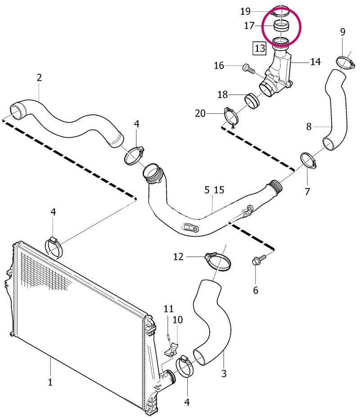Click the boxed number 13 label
click(260, 48)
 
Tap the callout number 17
click(249, 26)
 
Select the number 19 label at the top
click(245, 11)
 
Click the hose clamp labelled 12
click(218, 261)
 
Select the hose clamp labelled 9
click(346, 62)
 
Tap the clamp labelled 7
click(309, 161)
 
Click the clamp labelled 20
click(231, 117)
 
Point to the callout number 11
click(169, 309)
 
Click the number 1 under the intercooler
click(50, 382)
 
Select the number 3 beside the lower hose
click(224, 373)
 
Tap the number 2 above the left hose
click(40, 78)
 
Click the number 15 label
click(219, 190)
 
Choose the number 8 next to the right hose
click(309, 126)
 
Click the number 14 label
click(315, 62)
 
